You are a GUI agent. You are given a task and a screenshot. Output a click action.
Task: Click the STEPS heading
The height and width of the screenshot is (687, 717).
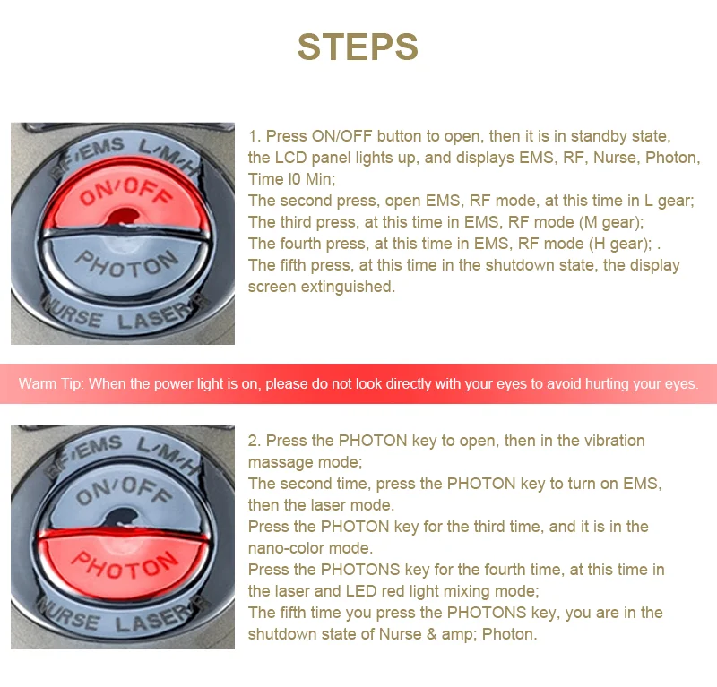tap(358, 47)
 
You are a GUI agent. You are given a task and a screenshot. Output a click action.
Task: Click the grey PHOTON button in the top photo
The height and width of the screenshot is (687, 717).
tap(124, 265)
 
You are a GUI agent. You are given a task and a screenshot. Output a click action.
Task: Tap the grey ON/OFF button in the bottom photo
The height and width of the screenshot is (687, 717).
tap(125, 498)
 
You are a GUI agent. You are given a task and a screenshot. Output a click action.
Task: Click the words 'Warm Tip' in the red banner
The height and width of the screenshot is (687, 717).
tap(51, 384)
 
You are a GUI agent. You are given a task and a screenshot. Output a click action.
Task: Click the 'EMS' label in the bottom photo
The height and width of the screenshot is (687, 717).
tap(99, 447)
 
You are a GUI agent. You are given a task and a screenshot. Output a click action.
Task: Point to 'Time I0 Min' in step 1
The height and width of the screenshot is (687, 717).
tap(291, 179)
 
